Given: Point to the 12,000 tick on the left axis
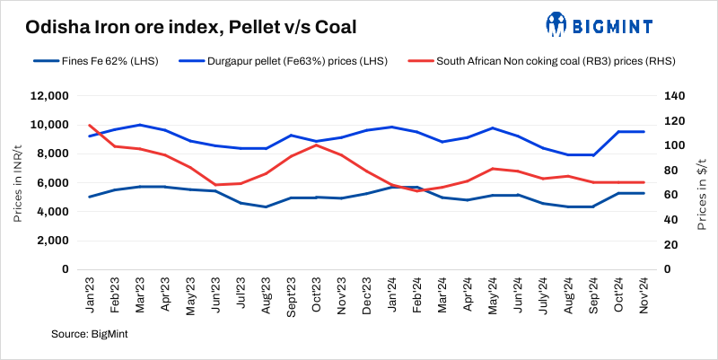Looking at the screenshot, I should (x=49, y=96).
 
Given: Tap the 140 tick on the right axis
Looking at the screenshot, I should (x=673, y=96).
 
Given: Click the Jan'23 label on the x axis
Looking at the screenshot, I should (x=90, y=293).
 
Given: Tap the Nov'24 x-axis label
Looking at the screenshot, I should (x=643, y=293).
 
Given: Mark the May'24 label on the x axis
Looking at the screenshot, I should (x=491, y=293).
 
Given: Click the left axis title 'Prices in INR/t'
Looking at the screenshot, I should (x=18, y=183).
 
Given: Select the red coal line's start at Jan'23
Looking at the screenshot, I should (x=89, y=125).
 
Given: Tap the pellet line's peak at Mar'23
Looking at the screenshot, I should (x=139, y=125).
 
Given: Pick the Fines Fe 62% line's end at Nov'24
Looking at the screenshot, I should (x=644, y=193).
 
